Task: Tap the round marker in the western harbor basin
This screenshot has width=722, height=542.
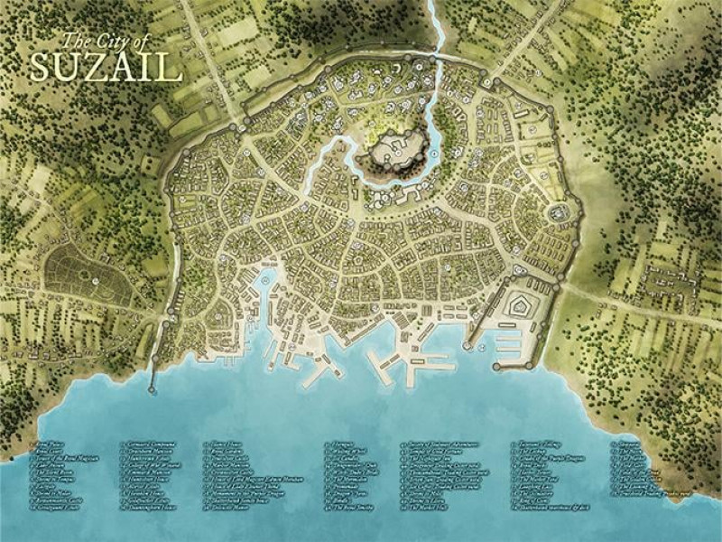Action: (267, 281)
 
